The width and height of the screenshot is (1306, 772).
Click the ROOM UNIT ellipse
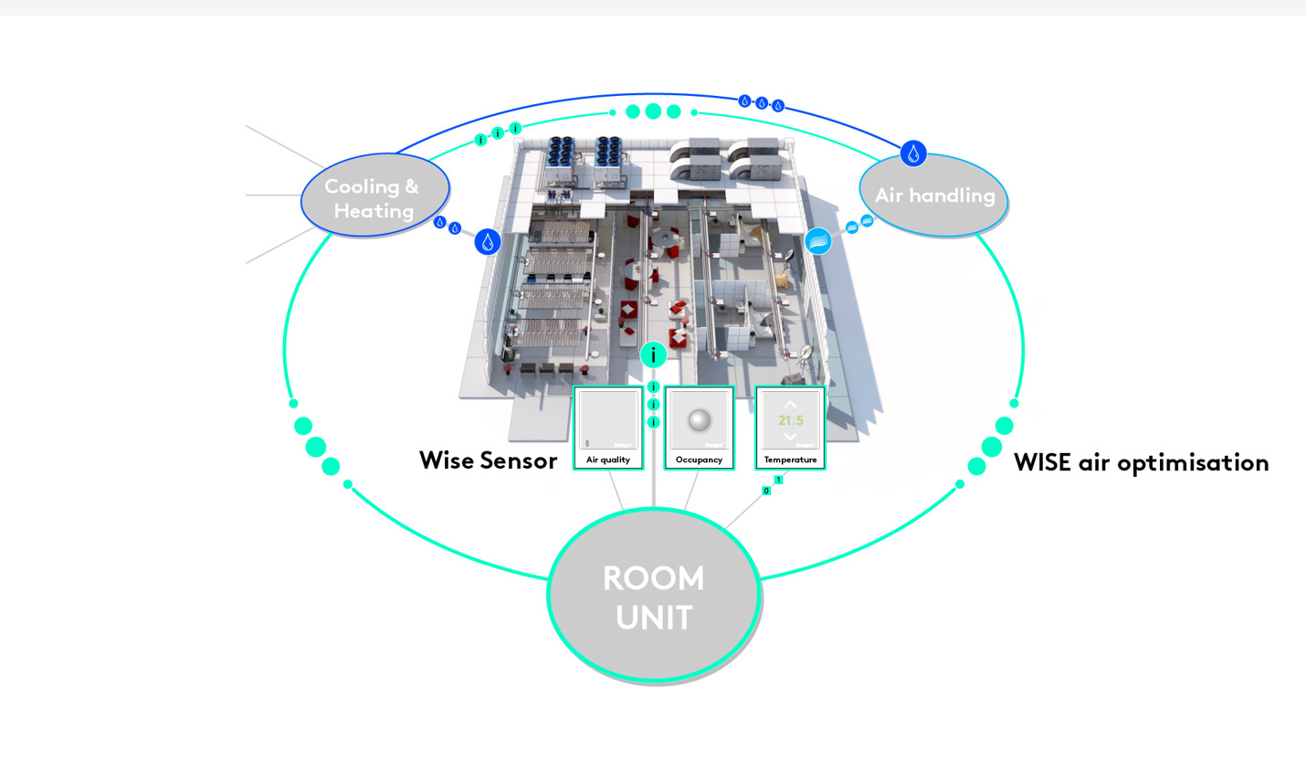point(654,596)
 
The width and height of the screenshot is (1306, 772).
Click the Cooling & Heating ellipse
point(374,195)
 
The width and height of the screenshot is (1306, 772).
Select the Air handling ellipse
point(933,196)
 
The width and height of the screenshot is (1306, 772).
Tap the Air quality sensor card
point(608,428)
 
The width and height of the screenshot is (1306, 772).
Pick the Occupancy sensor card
point(699,428)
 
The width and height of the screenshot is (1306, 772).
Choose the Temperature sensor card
point(790,428)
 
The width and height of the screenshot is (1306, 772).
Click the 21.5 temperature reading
point(790,420)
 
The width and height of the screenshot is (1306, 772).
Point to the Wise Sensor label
point(488,460)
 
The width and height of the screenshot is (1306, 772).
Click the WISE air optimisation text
point(1141,462)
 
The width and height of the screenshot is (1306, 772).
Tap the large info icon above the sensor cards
point(653,354)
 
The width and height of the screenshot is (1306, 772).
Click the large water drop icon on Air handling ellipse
point(913,153)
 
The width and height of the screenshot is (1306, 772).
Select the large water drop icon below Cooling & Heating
point(488,242)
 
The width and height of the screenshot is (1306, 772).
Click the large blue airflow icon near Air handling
point(818,240)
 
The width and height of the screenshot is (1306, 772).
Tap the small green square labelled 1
point(778,480)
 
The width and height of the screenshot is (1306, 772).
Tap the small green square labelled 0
point(766,491)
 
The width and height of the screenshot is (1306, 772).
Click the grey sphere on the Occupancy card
point(699,420)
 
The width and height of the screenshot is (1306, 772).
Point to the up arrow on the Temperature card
point(790,404)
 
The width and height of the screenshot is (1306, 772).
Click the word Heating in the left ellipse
point(374,211)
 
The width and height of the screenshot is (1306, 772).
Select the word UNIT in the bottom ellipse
point(654,618)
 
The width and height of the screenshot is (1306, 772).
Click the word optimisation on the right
point(1193,463)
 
